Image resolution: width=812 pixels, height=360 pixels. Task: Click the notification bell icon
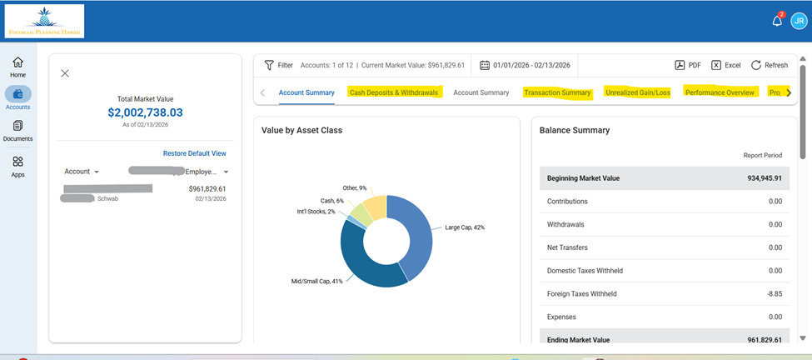[x=777, y=21]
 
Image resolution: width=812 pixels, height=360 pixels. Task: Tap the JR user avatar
[x=799, y=21]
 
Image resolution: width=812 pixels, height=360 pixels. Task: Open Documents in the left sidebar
[x=17, y=131]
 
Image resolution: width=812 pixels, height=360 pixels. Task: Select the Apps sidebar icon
[x=17, y=167]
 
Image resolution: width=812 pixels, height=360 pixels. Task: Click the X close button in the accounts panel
[x=65, y=73]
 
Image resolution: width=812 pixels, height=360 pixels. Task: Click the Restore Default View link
[x=194, y=153]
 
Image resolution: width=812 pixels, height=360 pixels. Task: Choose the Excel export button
[x=725, y=65]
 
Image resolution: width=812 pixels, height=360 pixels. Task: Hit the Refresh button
[x=769, y=65]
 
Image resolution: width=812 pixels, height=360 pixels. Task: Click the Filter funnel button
[x=278, y=65]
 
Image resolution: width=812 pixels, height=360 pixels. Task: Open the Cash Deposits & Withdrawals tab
[x=394, y=92]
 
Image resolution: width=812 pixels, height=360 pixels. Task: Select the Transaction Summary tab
[x=557, y=92]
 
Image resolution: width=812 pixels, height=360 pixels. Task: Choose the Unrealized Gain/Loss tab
[x=637, y=92]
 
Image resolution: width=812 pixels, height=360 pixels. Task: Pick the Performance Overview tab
[x=720, y=92]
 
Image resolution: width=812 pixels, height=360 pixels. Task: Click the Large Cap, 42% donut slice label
[x=465, y=227]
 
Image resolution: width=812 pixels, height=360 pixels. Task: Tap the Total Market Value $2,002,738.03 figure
[x=145, y=112]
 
